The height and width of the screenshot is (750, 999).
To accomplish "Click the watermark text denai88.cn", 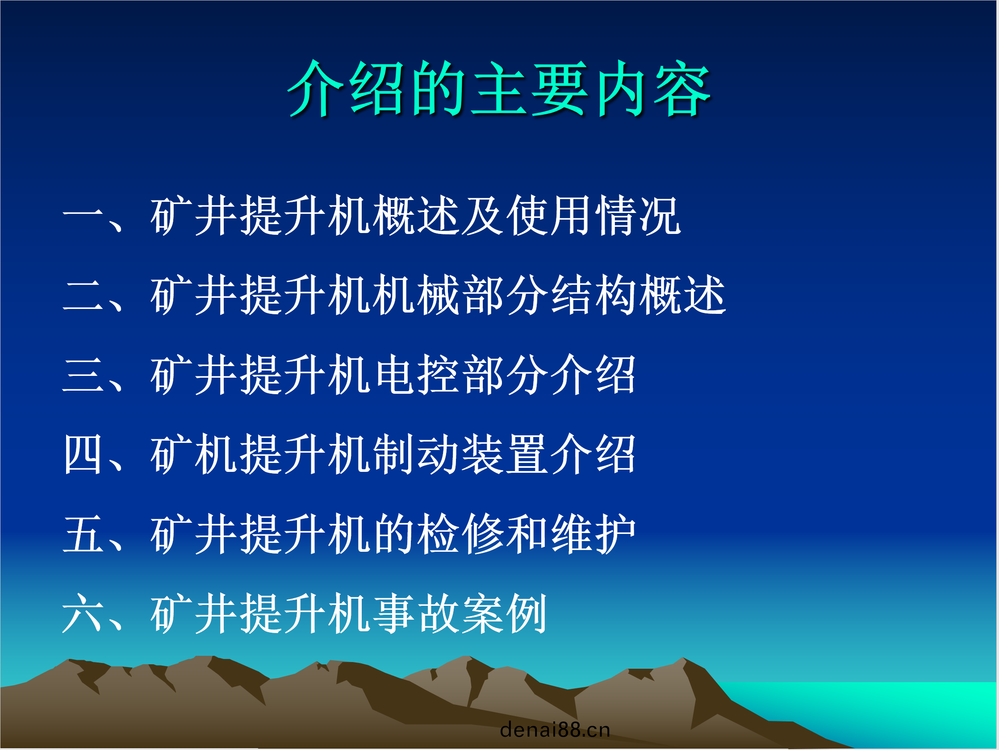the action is (555, 729).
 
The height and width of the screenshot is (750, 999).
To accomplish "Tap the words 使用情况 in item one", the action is (594, 216).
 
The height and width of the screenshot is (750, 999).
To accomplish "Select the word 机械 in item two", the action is (416, 295).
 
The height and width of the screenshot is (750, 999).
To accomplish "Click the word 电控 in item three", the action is (416, 375).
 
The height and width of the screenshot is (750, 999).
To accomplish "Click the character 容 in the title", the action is (682, 88).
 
